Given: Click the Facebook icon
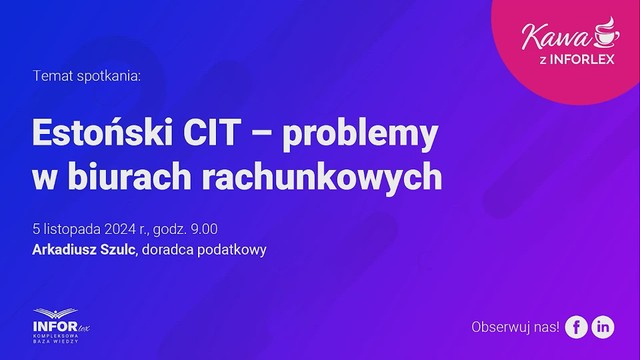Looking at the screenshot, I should click(576, 327).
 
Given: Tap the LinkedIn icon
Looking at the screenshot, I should click(603, 327).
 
